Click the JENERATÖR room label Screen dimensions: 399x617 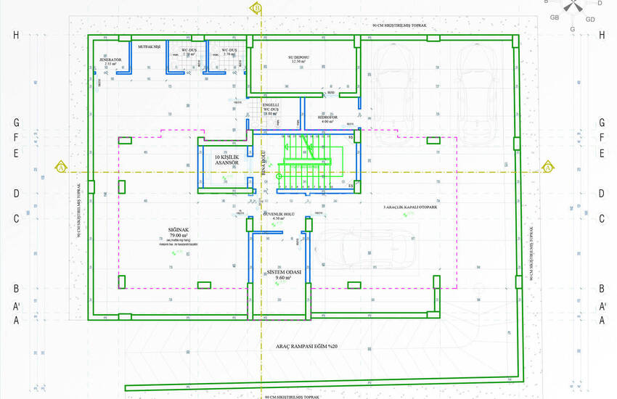point(110,61)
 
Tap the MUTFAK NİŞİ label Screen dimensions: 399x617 point(149,45)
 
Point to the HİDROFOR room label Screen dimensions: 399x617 point(327,118)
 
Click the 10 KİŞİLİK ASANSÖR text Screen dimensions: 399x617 point(227,159)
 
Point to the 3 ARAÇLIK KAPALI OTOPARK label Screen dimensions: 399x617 point(410,207)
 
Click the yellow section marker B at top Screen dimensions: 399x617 point(257,8)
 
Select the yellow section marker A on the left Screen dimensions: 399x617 point(61,168)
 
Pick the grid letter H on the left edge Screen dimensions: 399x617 point(15,35)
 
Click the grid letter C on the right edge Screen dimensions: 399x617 point(602,218)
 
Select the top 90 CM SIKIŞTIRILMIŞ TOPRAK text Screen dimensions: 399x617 point(401,25)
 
